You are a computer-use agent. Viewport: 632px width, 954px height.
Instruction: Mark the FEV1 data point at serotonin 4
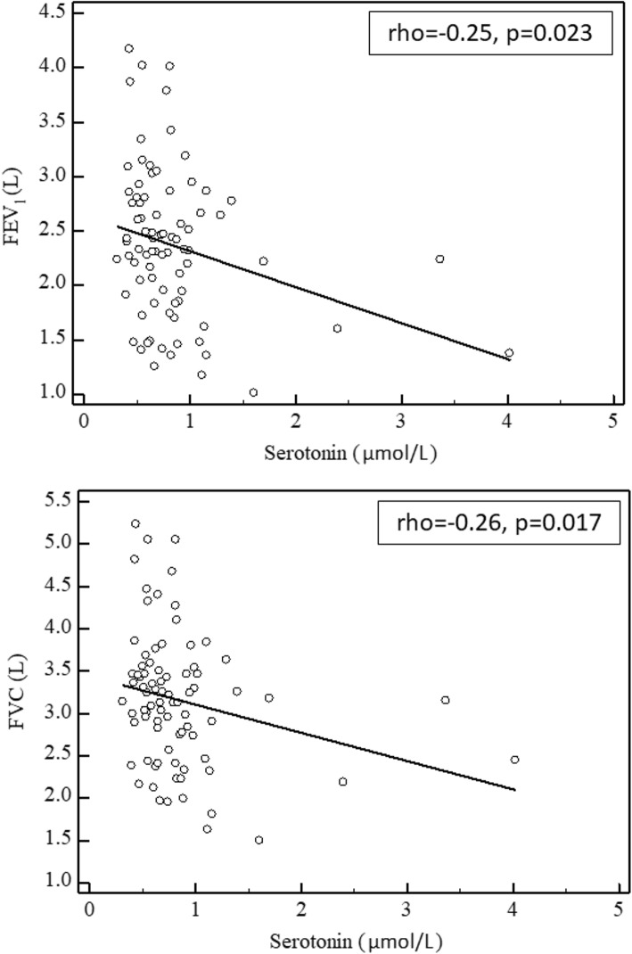(x=509, y=353)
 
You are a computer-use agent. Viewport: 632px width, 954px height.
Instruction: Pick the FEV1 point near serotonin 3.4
(x=439, y=259)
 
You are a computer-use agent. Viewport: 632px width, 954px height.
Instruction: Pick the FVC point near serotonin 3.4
(x=445, y=700)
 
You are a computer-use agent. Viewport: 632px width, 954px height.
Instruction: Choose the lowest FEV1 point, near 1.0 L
(x=253, y=392)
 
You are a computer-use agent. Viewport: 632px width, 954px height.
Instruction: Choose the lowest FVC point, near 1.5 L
(x=259, y=840)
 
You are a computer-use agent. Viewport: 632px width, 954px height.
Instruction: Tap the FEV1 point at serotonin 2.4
(x=337, y=328)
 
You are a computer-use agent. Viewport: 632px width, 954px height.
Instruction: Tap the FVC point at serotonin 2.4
(x=342, y=781)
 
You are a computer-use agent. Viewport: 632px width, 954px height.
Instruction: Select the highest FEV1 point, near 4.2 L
(x=128, y=48)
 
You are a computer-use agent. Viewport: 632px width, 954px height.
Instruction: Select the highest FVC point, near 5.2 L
(x=135, y=523)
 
